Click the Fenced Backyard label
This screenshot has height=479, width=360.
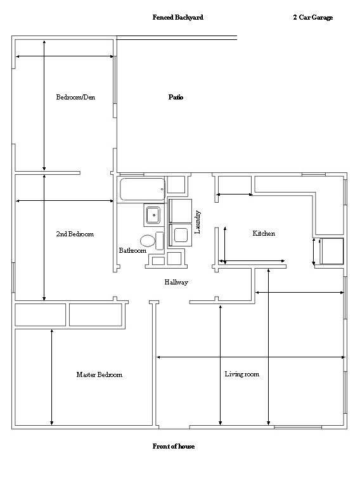[178, 17]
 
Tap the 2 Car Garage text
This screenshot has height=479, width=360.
[313, 17]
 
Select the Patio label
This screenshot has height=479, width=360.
[176, 97]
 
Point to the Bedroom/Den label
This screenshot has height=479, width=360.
[75, 97]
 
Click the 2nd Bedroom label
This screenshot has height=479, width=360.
[75, 234]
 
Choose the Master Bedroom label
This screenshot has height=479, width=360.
[100, 374]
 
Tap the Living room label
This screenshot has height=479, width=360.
[241, 374]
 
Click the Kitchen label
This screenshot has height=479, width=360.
[264, 233]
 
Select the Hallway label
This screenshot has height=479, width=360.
[176, 283]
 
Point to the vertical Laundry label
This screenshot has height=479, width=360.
[198, 222]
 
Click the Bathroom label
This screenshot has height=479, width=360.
[132, 250]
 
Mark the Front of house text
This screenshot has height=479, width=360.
[174, 446]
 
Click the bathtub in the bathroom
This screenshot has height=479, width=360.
[143, 189]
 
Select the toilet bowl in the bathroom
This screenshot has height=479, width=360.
[148, 241]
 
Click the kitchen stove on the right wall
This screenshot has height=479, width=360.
[332, 251]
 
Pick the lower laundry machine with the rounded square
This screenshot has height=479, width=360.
[180, 235]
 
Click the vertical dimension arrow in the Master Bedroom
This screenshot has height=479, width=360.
[51, 377]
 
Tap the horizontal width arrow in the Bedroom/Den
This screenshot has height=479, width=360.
[65, 56]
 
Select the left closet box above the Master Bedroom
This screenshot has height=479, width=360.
[41, 315]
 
